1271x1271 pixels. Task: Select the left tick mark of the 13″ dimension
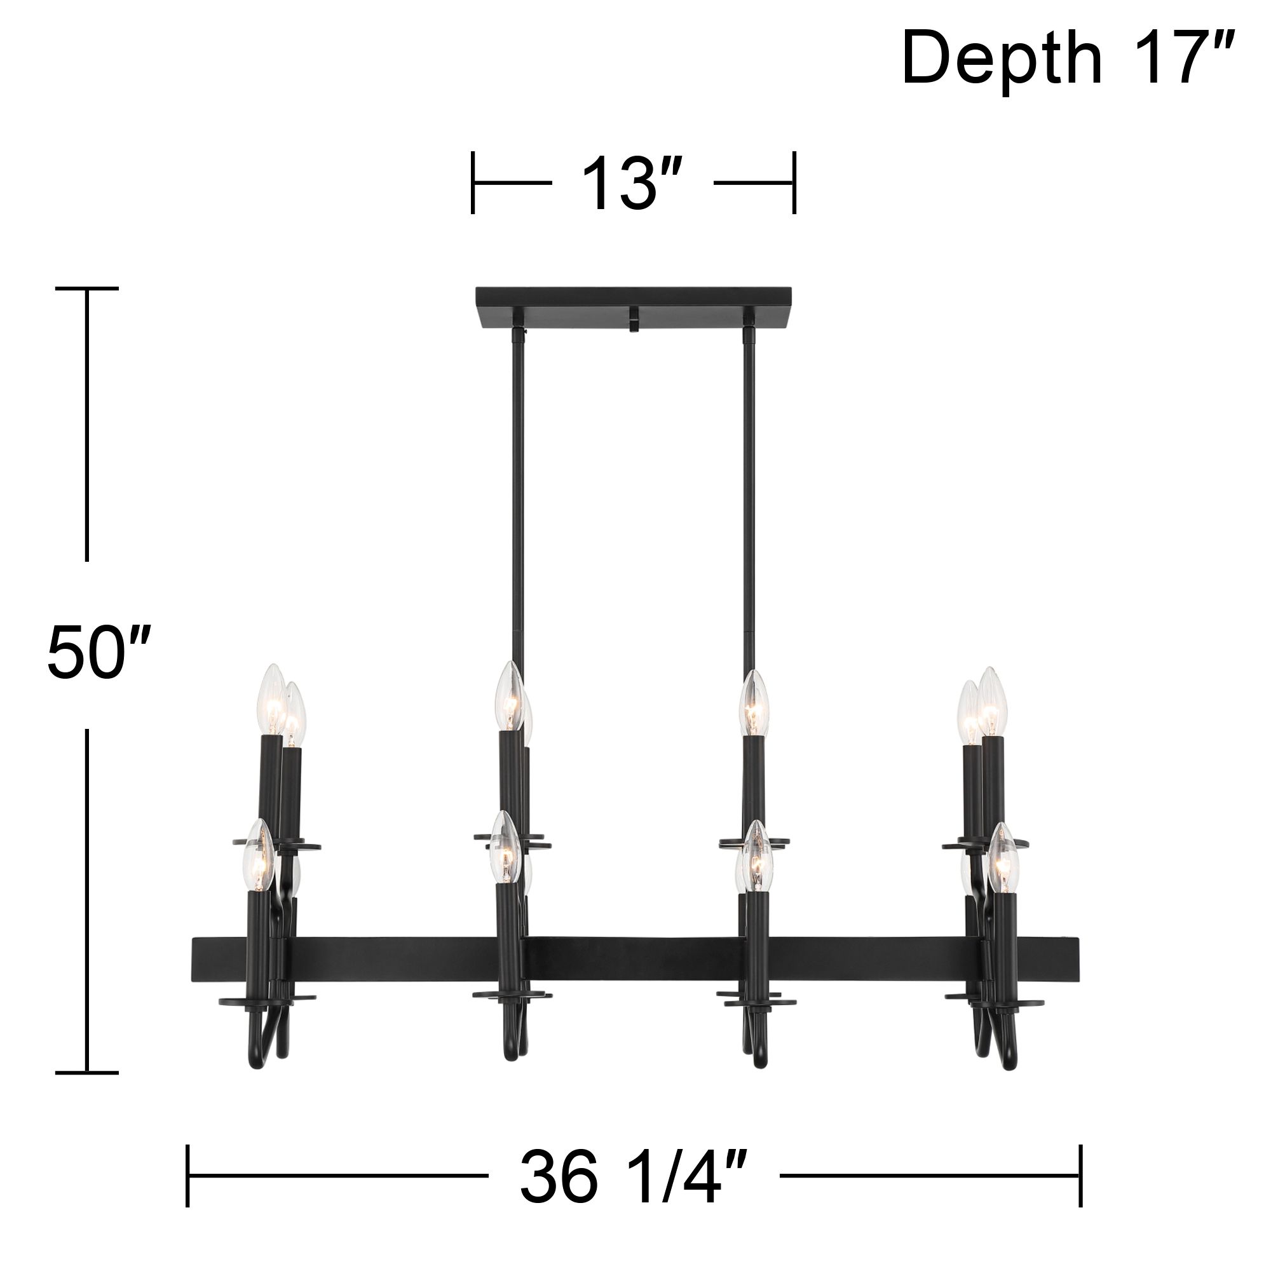click(473, 183)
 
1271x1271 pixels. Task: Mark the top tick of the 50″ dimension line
click(87, 288)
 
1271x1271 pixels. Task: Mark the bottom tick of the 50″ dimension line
click(87, 1072)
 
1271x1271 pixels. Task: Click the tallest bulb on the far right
click(991, 702)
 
